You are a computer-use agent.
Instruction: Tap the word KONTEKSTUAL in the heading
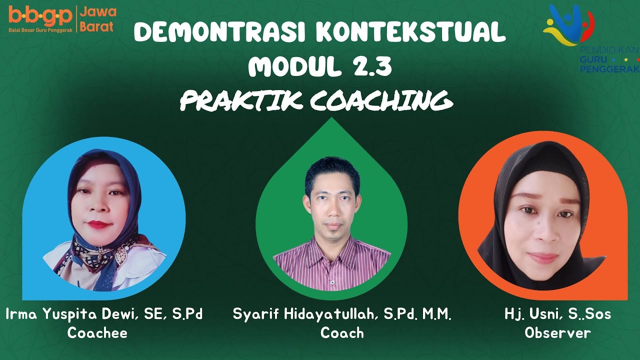click(411, 33)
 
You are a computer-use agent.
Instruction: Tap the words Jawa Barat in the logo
click(97, 19)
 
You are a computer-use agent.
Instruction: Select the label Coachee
click(97, 333)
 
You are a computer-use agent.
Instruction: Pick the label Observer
click(557, 333)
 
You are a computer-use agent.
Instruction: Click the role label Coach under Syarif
click(342, 333)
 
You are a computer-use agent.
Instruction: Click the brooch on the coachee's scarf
click(120, 255)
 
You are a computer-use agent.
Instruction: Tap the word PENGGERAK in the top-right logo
click(609, 68)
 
